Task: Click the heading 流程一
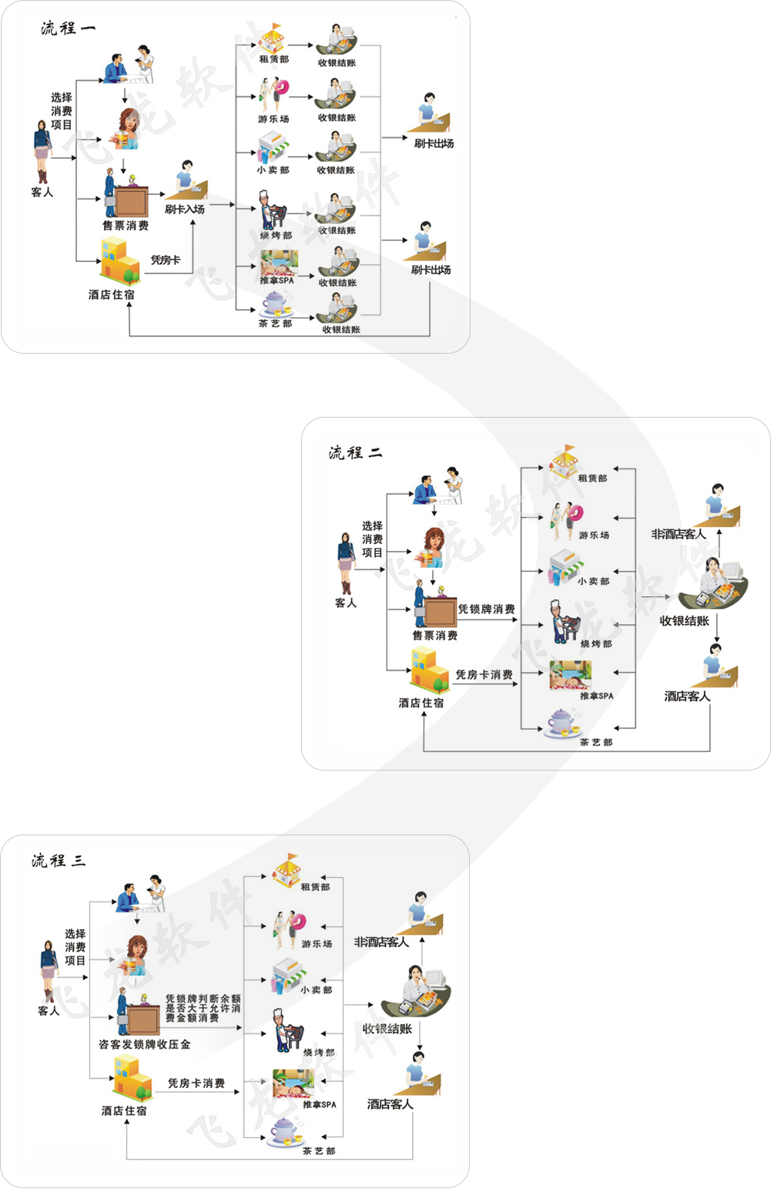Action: click(68, 29)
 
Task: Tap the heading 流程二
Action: click(355, 452)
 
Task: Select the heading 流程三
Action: click(59, 860)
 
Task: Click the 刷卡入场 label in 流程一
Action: click(185, 209)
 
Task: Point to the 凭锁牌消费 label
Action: click(486, 609)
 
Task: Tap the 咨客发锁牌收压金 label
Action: click(145, 1044)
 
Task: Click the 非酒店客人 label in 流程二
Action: click(678, 534)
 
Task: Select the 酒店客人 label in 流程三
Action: click(390, 1104)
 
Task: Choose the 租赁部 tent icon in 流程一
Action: click(272, 38)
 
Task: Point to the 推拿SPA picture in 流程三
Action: click(293, 1083)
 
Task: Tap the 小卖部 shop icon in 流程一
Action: click(273, 147)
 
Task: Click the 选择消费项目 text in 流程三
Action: click(75, 947)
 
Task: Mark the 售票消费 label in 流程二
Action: click(435, 636)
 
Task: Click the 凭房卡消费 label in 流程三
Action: click(196, 1083)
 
